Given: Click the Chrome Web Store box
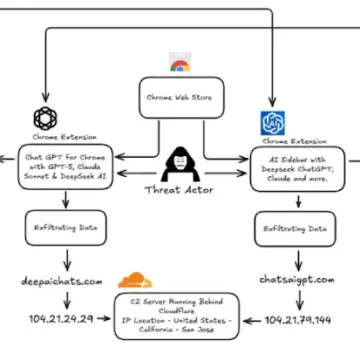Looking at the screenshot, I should (180, 97).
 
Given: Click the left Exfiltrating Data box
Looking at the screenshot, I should (59, 227).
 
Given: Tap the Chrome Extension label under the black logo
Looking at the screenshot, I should (46, 138).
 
